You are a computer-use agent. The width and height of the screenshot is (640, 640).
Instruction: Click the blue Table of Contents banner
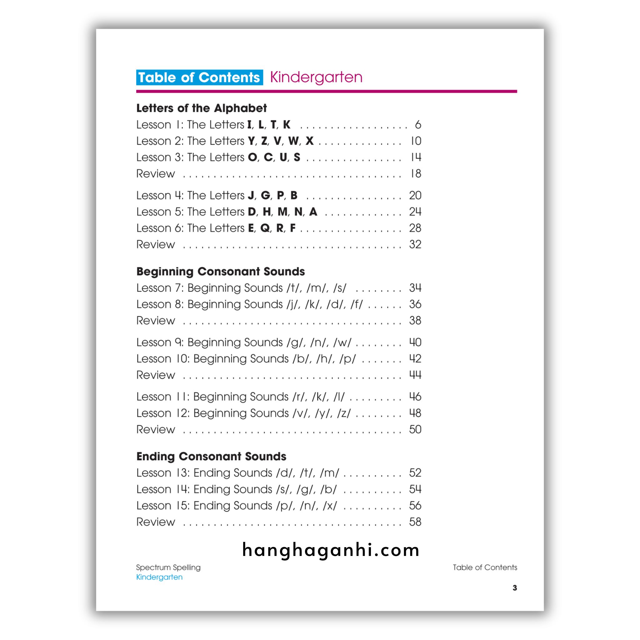[x=199, y=77]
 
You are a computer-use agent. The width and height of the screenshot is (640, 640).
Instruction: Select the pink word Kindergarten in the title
[x=316, y=77]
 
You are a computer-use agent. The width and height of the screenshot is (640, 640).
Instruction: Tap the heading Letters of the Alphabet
[x=202, y=108]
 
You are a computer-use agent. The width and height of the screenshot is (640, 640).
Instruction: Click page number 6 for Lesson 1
[x=418, y=125]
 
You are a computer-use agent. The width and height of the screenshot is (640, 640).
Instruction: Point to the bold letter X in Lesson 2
[x=309, y=141]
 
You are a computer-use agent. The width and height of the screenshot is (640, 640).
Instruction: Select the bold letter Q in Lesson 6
[x=265, y=228]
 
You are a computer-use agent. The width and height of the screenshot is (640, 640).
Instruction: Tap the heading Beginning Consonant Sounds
[x=220, y=271]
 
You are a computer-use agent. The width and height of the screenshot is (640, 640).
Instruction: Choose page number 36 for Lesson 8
[x=415, y=304]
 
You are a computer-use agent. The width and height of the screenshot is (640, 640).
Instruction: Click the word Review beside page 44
[x=155, y=375]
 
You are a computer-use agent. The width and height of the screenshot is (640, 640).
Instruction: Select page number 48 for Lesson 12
[x=415, y=413]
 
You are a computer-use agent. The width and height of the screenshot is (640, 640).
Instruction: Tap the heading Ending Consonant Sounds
[x=211, y=456]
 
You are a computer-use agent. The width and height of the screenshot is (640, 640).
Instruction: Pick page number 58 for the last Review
[x=415, y=522]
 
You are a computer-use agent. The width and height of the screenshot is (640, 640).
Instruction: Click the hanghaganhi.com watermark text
[x=331, y=550]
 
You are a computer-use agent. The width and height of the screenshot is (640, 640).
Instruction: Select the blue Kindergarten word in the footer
[x=159, y=577]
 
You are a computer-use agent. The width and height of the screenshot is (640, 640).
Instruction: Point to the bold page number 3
[x=514, y=588]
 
